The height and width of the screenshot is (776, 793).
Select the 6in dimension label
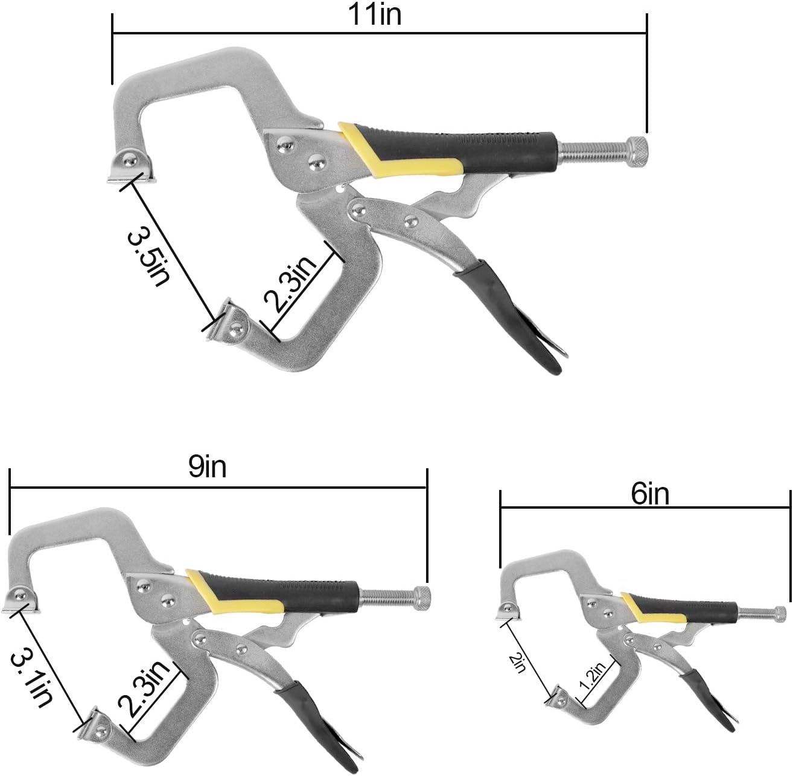(649, 495)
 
